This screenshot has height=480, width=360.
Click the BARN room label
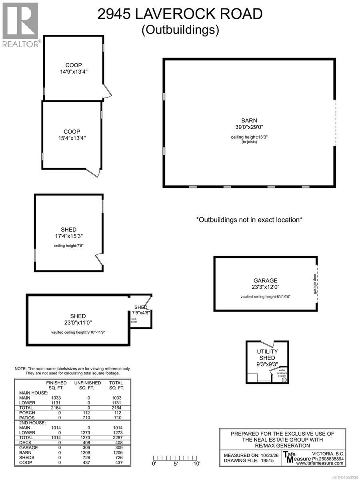click(x=249, y=120)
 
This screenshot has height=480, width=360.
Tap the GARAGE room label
click(x=265, y=280)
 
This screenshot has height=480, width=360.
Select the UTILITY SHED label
click(x=267, y=354)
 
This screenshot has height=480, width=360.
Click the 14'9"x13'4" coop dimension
click(x=74, y=72)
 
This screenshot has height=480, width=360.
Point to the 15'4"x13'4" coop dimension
click(x=72, y=138)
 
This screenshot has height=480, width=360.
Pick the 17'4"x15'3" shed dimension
click(x=69, y=236)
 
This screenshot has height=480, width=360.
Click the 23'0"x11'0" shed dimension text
click(x=78, y=322)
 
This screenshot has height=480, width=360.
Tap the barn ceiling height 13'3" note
click(x=249, y=137)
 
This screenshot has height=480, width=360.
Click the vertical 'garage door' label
click(x=314, y=284)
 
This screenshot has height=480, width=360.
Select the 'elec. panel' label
click(x=134, y=320)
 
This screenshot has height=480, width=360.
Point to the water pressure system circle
click(x=284, y=380)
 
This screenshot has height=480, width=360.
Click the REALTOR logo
click(x=21, y=25)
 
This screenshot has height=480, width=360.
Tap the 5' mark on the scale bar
click(x=176, y=463)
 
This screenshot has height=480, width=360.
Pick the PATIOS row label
click(x=27, y=418)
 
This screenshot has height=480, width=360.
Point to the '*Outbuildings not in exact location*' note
click(x=249, y=220)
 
